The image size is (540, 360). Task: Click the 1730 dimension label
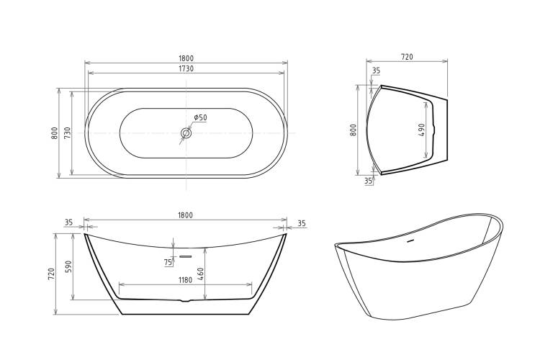tap(186, 68)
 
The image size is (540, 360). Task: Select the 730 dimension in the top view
tap(68, 132)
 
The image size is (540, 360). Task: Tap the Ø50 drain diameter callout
tap(200, 117)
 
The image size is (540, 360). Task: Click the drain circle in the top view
tap(186, 133)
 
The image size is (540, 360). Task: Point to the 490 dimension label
tap(422, 130)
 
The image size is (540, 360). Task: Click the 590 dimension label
tap(68, 266)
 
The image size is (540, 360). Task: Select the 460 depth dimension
tap(201, 274)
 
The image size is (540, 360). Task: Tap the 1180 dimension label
tap(185, 280)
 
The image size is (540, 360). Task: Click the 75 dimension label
tap(168, 263)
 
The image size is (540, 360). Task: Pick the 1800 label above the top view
tap(186, 58)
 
